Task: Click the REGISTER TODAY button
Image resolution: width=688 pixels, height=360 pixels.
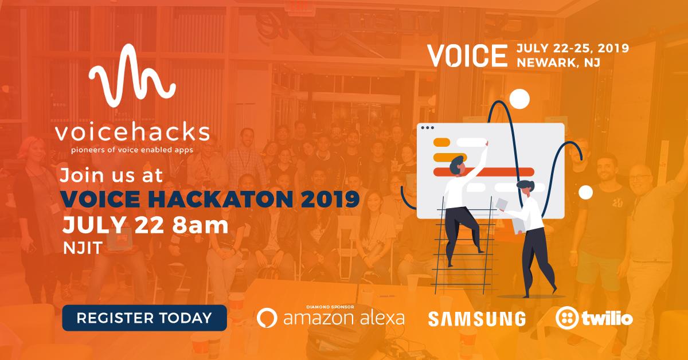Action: pos(144,316)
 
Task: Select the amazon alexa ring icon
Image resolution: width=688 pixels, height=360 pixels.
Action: pos(268,318)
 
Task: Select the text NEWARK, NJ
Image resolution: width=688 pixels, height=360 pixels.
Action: pos(558,62)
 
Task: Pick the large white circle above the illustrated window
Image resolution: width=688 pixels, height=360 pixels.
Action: pos(519,99)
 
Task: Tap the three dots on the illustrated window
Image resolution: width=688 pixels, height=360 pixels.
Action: pos(428,127)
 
